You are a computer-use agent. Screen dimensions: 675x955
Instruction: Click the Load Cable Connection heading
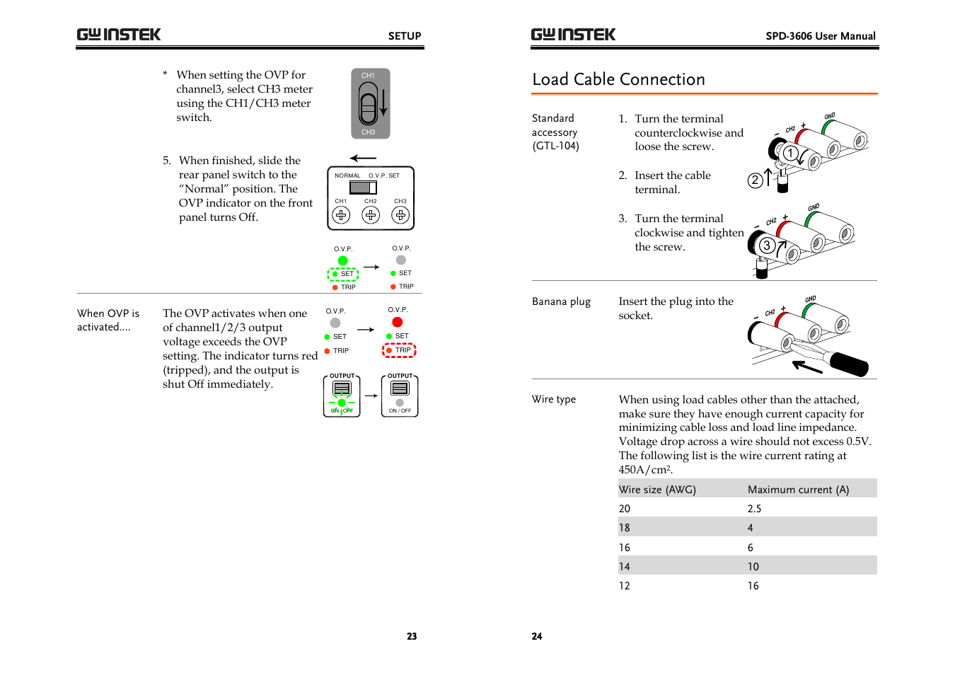click(x=618, y=79)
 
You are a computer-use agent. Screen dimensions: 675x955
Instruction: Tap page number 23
click(x=412, y=636)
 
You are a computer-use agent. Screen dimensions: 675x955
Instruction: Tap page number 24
click(x=537, y=636)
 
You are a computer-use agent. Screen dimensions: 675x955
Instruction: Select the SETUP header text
click(x=404, y=36)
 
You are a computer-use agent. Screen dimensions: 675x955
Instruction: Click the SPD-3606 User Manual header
click(x=820, y=36)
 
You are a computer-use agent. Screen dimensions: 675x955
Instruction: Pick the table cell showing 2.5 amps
click(x=754, y=509)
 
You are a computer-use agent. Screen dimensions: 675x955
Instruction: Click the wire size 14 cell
click(x=625, y=567)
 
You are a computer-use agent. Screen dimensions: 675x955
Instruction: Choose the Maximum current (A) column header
click(x=798, y=490)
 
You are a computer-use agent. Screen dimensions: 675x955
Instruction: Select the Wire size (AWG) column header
click(x=657, y=490)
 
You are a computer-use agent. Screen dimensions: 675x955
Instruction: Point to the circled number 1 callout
click(x=790, y=153)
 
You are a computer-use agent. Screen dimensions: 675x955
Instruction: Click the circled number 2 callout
click(x=755, y=180)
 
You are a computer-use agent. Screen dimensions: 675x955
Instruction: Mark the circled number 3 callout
click(x=766, y=246)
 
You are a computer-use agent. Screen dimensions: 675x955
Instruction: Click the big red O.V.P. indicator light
click(x=398, y=323)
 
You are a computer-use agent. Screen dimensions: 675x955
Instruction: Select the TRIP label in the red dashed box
click(x=403, y=350)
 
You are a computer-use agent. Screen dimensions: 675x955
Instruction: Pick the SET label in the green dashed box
click(x=347, y=274)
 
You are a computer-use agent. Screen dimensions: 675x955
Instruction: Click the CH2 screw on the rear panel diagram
click(x=371, y=215)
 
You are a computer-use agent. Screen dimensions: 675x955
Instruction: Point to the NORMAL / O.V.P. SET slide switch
click(x=363, y=187)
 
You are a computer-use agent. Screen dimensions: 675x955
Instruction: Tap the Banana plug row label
click(x=561, y=301)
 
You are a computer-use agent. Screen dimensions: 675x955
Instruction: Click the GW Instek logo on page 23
click(x=119, y=35)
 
